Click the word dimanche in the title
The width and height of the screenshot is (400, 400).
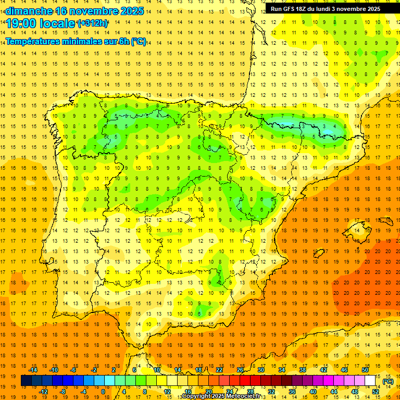tap(29, 11)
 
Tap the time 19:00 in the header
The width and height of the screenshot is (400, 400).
tap(21, 23)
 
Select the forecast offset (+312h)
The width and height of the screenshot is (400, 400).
tap(93, 23)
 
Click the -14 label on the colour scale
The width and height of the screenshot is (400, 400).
tap(33, 370)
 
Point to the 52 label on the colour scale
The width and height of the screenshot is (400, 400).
tap(376, 392)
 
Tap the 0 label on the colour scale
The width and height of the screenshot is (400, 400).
tap(103, 392)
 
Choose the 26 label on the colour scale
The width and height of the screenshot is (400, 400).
tap(241, 370)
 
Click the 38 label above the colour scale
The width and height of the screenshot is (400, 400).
tap(303, 370)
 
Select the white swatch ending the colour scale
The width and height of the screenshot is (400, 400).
tap(370, 381)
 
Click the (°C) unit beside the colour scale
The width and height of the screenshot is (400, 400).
tap(388, 381)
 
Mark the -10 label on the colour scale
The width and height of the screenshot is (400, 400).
tap(54, 370)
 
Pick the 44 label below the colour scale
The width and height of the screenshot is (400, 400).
tap(334, 392)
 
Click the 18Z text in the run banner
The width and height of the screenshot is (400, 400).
tap(302, 9)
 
